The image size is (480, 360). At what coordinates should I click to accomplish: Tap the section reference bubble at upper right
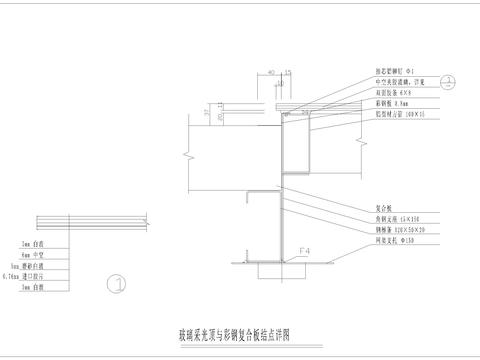tap(449, 81)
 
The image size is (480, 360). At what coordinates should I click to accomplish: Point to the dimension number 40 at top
tap(272, 73)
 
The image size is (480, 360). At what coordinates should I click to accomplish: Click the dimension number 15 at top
tap(287, 73)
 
